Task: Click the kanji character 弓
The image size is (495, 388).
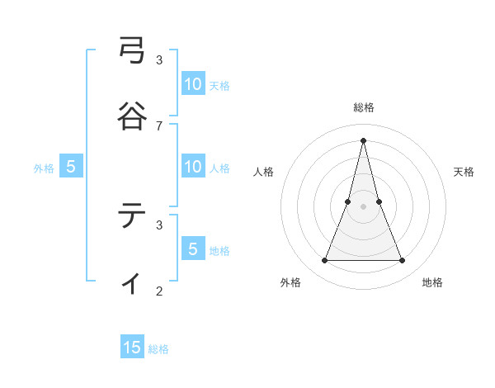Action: point(133,52)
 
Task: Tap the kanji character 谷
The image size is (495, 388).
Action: point(133,116)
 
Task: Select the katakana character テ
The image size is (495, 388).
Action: point(133,216)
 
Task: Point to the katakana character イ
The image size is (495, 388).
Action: point(133,282)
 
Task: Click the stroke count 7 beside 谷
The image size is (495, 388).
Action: point(159,125)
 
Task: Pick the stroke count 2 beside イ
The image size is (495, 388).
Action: point(159,291)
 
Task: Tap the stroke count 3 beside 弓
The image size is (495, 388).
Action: point(159,60)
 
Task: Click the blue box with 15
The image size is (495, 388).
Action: point(132,348)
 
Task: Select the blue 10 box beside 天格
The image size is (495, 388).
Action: point(193,84)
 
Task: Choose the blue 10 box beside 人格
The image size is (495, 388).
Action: point(193,167)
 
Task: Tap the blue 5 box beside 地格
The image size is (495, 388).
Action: point(193,248)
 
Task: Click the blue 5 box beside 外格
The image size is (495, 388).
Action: point(71,167)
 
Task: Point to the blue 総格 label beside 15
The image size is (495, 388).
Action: point(158,349)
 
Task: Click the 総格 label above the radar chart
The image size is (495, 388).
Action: point(364,107)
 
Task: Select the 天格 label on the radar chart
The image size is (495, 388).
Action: point(464,172)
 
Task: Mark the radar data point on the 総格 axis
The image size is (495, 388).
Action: point(364,140)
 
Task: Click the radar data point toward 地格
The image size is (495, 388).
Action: point(403,261)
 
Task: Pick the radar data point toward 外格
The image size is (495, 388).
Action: point(324,261)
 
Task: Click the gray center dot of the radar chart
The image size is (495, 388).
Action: point(364,206)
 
